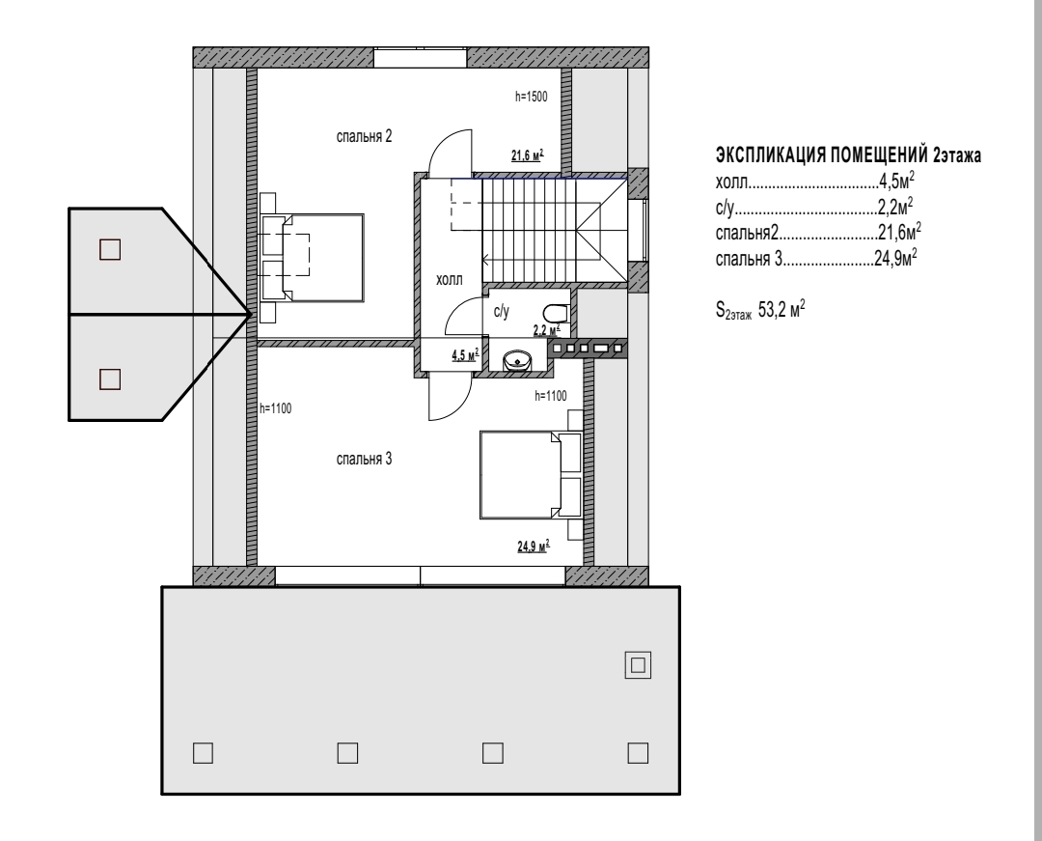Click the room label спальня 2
(x=364, y=137)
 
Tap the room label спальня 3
(x=364, y=460)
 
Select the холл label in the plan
(x=450, y=280)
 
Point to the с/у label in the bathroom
(x=501, y=311)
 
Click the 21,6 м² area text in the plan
(x=527, y=155)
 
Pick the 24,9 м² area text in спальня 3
(x=534, y=547)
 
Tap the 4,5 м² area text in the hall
(x=465, y=355)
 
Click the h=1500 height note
(x=531, y=98)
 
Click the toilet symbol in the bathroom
(x=556, y=313)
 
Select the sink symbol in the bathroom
(x=517, y=361)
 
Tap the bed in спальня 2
(x=313, y=258)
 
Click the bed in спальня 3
(x=531, y=475)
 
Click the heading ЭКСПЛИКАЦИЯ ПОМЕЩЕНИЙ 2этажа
(x=848, y=155)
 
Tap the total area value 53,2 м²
(x=781, y=309)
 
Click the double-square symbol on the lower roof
(x=638, y=665)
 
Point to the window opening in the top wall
(x=420, y=57)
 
